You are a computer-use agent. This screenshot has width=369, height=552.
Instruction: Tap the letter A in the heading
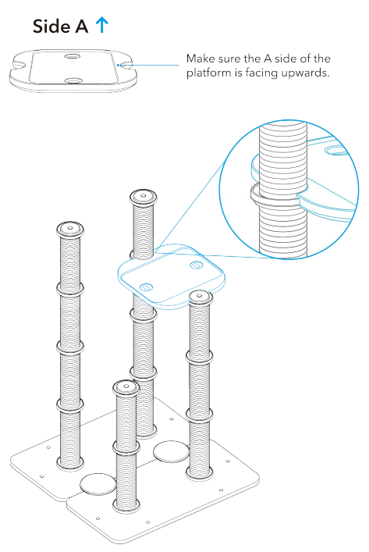pos(81,27)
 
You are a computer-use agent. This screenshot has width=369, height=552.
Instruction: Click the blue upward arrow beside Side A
pos(101,25)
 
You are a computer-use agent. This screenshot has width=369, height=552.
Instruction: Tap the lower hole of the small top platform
pos(73,80)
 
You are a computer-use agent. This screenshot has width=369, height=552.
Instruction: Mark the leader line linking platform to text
pos(156,66)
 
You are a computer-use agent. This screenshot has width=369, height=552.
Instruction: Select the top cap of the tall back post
pos(145,195)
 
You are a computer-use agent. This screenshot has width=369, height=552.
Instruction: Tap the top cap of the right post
pos(200,297)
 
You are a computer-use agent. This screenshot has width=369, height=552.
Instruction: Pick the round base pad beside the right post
pos(171,451)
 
